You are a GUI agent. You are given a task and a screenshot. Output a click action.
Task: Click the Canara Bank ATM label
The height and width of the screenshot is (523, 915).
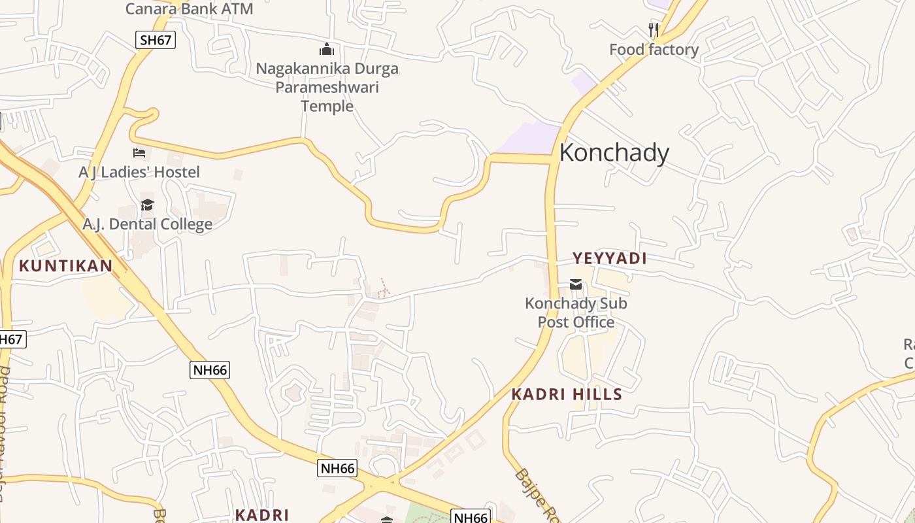point(189,9)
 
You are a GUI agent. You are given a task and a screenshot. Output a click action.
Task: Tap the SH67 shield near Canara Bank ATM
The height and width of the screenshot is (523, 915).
point(156,40)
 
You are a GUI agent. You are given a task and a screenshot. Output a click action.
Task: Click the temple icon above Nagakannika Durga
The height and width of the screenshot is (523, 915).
point(326,49)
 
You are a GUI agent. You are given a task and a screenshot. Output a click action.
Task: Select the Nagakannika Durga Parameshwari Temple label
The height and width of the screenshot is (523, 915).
point(327,87)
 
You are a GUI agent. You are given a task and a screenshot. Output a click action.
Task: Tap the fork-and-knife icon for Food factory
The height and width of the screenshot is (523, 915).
point(653,29)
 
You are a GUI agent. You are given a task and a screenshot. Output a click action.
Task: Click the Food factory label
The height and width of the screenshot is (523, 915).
point(654,50)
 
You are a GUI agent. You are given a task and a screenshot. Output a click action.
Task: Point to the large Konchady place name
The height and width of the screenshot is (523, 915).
point(614,153)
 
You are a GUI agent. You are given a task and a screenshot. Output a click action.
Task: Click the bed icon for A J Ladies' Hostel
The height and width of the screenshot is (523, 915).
point(139,153)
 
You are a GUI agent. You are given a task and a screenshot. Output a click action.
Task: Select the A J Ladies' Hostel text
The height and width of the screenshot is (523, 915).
point(139,173)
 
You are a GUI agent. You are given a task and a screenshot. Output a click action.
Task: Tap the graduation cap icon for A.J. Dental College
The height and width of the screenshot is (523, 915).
point(147,205)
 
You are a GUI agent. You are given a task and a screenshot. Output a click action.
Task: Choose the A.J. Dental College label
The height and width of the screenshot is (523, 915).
point(147,225)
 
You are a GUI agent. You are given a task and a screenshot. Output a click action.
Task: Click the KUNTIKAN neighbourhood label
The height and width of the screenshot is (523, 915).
point(65,266)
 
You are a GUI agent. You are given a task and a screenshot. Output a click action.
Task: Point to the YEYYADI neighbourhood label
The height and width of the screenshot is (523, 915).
point(609,258)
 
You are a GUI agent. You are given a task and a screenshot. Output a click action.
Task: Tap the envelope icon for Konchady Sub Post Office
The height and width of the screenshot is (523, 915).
point(576,284)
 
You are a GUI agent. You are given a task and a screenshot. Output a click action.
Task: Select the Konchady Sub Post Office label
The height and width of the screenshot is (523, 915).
point(576,312)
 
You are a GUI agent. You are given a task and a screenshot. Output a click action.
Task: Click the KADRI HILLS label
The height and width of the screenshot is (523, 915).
point(567,394)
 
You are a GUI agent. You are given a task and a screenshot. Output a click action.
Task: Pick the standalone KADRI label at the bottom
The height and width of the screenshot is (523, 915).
point(261,515)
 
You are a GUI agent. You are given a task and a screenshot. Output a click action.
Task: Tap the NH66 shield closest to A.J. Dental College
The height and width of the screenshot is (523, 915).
point(210,370)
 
